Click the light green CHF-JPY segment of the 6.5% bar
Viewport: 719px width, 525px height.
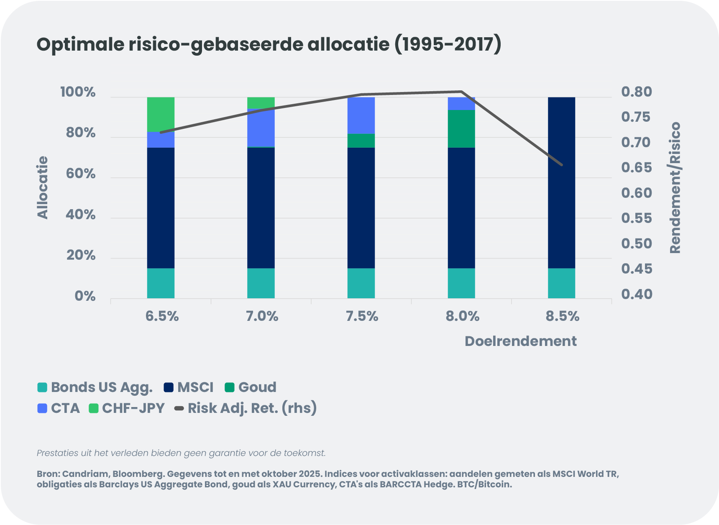tap(161, 114)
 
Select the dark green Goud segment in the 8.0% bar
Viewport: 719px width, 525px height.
tap(461, 129)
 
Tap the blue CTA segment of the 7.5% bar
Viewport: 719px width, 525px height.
tap(361, 115)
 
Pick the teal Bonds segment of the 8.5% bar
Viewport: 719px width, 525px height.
tap(561, 283)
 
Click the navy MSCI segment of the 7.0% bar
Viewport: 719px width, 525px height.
tap(261, 208)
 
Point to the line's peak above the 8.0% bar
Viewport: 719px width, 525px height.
tap(461, 92)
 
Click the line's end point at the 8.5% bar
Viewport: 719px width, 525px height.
tap(562, 165)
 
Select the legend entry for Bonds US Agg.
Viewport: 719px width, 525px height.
tap(95, 387)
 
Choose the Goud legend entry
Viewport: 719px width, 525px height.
tap(251, 387)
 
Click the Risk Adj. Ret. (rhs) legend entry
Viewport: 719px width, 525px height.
tap(246, 408)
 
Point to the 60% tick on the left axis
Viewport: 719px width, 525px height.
tap(81, 174)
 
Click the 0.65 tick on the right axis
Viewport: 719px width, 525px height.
tap(636, 168)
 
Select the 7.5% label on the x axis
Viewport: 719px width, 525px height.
tap(362, 316)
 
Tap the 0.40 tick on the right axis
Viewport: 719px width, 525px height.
tap(636, 294)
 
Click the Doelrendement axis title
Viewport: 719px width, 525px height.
tap(520, 341)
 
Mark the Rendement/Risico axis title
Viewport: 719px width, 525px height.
tap(675, 188)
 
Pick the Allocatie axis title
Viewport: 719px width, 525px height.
tap(43, 187)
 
